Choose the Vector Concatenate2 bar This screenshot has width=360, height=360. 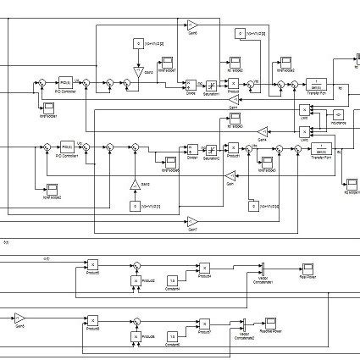(242, 323)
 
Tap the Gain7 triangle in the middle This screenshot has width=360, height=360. (192, 221)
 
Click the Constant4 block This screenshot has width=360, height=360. (172, 280)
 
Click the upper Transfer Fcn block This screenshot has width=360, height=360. (318, 85)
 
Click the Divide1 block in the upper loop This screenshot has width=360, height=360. (191, 84)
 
